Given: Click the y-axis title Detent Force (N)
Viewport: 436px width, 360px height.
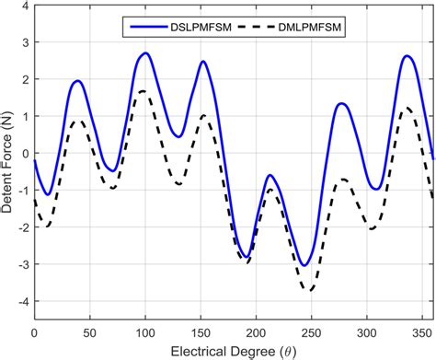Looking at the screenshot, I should pos(8,161).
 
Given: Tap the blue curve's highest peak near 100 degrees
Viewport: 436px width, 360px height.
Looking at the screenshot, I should pos(145,53).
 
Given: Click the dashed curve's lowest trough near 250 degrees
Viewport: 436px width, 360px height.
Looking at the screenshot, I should pos(311,291).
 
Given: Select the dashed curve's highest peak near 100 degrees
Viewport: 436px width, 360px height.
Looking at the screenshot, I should pos(143,91).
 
